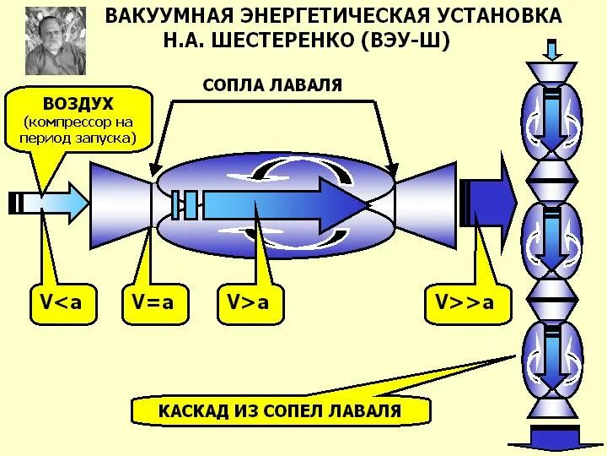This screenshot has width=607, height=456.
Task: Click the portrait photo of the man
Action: [56, 41]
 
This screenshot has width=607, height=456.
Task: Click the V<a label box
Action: [62, 302]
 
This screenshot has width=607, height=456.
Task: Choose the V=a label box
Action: [153, 302]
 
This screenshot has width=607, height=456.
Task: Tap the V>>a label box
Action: [465, 302]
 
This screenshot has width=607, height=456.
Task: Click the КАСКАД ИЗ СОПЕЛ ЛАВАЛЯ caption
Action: [280, 412]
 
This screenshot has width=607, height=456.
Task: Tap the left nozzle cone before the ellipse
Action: [121, 204]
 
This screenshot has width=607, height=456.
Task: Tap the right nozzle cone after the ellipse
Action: [427, 204]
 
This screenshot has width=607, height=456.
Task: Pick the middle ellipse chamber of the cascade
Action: [551, 240]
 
